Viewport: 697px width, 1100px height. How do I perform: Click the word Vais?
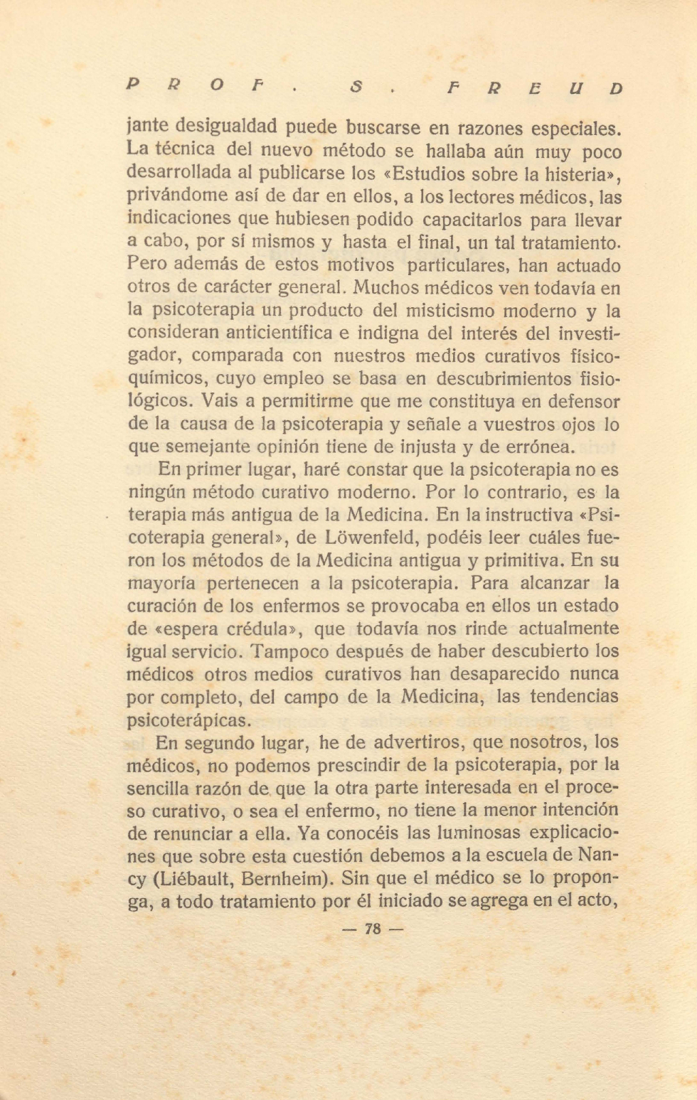[x=220, y=402]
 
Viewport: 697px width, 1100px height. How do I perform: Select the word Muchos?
[x=385, y=288]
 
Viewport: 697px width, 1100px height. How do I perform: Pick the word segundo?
[x=220, y=744]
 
